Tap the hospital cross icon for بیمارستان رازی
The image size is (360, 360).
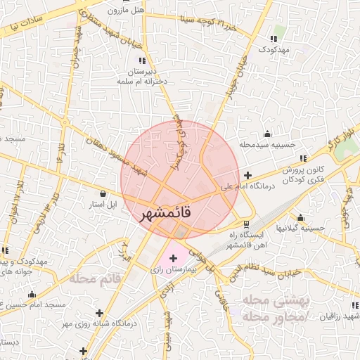pyautogui.click(x=174, y=259)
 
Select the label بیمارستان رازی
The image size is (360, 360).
pyautogui.click(x=173, y=269)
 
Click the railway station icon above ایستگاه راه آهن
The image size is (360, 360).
pyautogui.click(x=245, y=224)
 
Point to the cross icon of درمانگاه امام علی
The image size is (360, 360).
pyautogui.click(x=247, y=175)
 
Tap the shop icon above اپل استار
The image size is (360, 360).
pyautogui.click(x=103, y=194)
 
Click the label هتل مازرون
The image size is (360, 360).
pyautogui.click(x=126, y=11)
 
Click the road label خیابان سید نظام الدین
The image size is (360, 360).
pyautogui.click(x=268, y=271)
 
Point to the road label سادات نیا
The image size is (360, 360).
pyautogui.click(x=27, y=22)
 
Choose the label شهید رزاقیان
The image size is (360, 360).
pyautogui.click(x=337, y=317)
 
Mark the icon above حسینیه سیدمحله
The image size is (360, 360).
pyautogui.click(x=267, y=134)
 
